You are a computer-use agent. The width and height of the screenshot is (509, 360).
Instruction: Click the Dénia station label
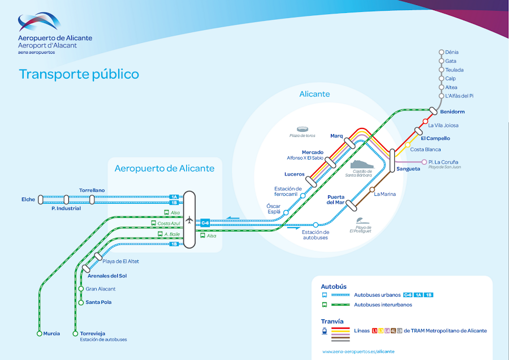click(452, 52)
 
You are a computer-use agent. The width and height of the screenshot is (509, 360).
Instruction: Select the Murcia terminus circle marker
click(40, 333)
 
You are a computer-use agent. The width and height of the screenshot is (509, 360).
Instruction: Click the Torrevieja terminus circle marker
click(75, 333)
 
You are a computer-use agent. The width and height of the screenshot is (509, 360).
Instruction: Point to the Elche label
click(28, 199)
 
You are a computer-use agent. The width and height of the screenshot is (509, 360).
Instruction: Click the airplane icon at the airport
click(189, 220)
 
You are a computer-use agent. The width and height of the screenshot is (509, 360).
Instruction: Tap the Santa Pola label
click(98, 302)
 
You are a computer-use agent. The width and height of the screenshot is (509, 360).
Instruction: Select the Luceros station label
click(295, 174)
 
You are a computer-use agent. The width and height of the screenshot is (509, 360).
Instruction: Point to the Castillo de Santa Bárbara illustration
click(362, 166)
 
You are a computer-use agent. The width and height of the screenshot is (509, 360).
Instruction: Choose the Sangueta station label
click(408, 169)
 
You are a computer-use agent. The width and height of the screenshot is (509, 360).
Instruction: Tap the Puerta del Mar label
click(335, 199)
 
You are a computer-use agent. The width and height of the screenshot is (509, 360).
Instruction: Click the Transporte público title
click(79, 74)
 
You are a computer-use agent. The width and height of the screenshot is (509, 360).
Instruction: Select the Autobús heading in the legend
click(334, 286)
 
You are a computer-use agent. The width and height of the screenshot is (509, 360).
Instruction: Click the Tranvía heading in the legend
click(332, 321)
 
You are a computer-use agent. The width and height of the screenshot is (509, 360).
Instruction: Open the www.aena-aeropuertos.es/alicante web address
click(359, 352)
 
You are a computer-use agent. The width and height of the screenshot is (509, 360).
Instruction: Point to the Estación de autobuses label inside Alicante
click(315, 234)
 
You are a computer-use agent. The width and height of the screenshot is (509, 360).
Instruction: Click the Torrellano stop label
click(92, 190)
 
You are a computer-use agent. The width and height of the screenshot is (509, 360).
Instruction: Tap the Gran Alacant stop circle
click(81, 289)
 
